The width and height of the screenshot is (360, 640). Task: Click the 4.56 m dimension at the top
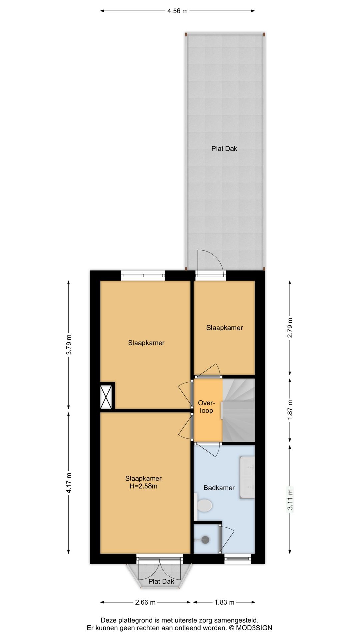point(177,11)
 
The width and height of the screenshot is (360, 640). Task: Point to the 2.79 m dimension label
point(290,328)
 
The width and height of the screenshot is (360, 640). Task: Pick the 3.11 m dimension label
point(290,499)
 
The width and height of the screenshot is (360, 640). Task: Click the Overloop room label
point(206,407)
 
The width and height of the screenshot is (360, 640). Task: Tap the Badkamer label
point(219,488)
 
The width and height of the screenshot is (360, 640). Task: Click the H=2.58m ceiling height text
point(143,486)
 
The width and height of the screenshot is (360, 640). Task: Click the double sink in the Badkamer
point(247,478)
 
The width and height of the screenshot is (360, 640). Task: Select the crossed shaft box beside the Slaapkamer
point(107,396)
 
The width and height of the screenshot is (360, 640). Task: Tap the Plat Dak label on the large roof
point(224,149)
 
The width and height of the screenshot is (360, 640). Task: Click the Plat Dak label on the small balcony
point(161,581)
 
